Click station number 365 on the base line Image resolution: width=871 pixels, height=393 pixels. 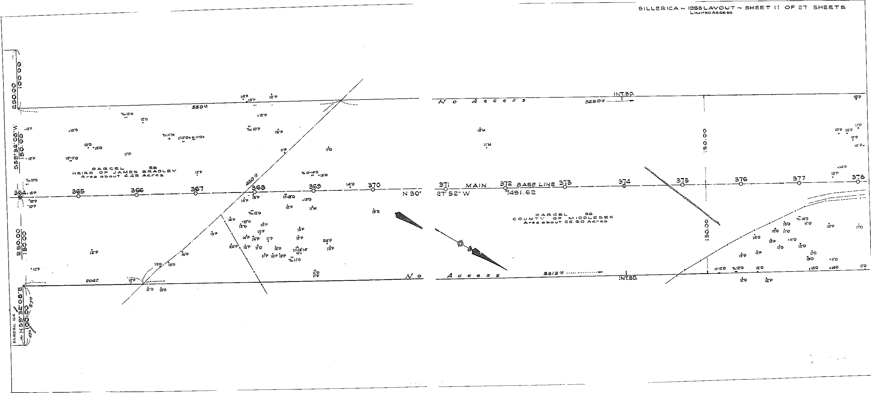(x=78, y=191)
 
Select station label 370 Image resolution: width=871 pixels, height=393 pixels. (x=374, y=185)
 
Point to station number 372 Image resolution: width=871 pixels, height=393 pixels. (x=506, y=183)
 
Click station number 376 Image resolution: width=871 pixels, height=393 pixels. (x=741, y=179)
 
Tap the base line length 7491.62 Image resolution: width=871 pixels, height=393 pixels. (x=521, y=193)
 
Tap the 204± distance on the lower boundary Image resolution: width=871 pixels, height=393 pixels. (x=92, y=280)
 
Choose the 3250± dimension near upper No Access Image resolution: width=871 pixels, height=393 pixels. (x=594, y=101)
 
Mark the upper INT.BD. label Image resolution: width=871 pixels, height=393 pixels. (x=624, y=94)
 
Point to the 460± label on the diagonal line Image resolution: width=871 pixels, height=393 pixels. (x=252, y=179)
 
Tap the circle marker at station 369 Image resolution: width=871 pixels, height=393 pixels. (x=313, y=191)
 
